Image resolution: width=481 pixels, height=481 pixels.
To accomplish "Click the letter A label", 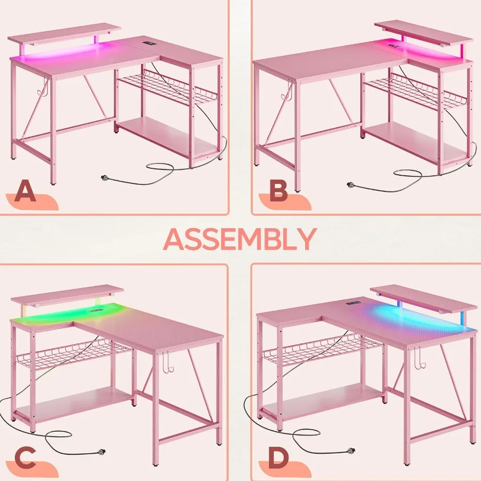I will coord(25,192).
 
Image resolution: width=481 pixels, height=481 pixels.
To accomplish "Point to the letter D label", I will coord(278,458).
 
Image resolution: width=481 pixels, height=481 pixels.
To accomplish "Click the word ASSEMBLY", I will coord(240,239).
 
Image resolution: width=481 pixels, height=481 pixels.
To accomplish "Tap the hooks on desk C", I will coord(166,363).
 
